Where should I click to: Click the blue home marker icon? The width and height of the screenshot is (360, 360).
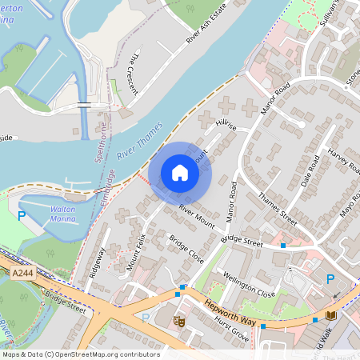pos(180,173)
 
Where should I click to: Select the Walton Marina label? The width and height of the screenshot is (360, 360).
pos(62,214)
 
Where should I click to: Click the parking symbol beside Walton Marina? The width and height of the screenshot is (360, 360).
pos(22,216)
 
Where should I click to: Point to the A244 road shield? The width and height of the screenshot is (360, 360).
pos(23,274)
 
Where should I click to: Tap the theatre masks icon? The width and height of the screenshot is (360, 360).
pos(179,322)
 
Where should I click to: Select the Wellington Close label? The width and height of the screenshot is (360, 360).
pos(249,283)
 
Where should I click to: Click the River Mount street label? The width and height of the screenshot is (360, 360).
pos(197,216)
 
